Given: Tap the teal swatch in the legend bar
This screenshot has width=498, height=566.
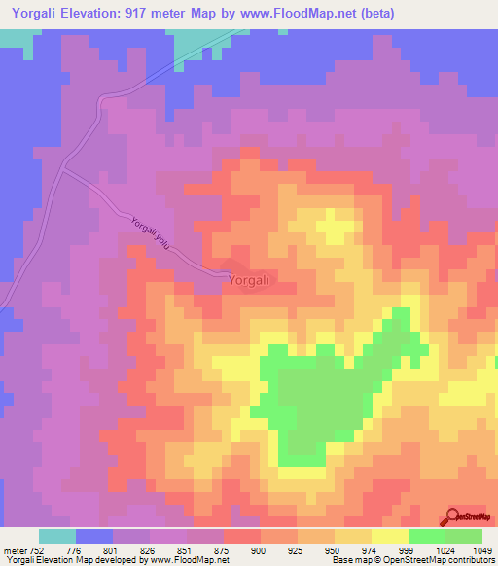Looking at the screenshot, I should point(57,536).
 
